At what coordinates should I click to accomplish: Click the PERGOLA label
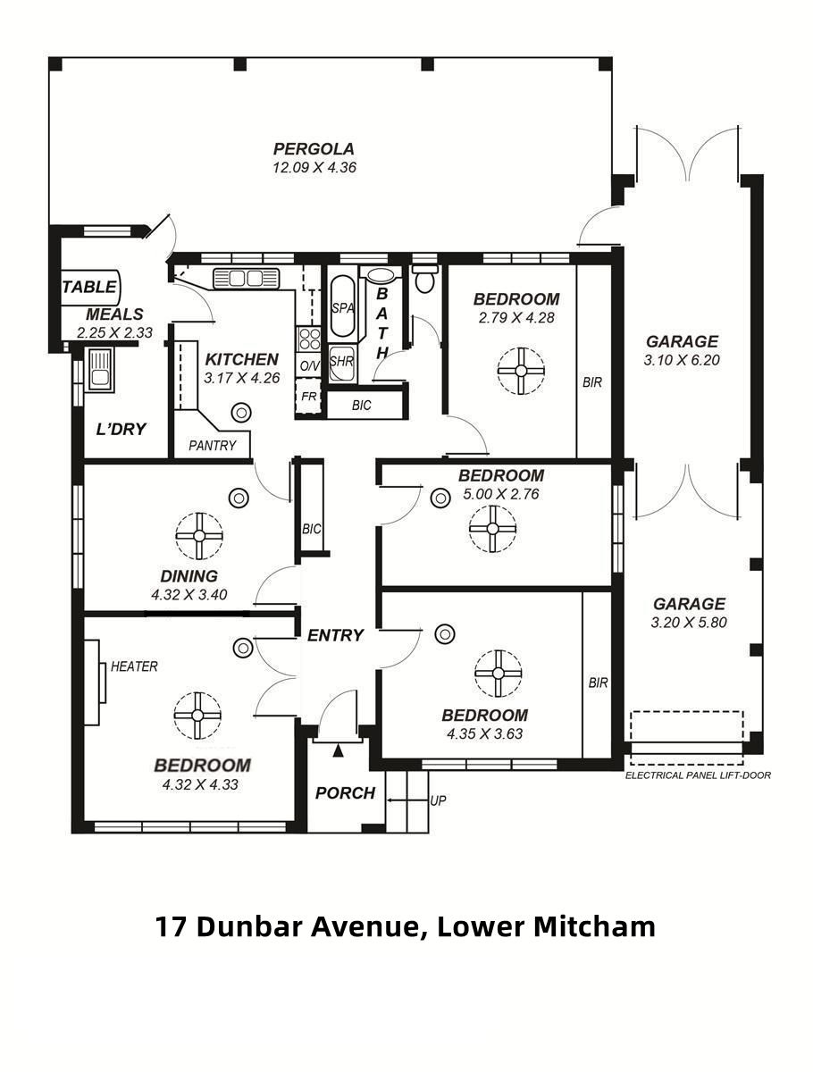coord(314,148)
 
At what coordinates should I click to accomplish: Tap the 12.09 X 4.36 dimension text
coord(314,168)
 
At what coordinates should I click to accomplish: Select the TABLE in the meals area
coord(90,287)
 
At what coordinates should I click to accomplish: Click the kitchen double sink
coord(246,279)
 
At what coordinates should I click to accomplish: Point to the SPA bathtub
coord(342,306)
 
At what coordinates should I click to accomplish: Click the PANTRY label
coord(213,445)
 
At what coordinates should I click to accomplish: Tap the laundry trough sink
coord(99,370)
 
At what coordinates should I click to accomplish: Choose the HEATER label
coord(134,666)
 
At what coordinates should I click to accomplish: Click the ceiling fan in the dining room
coord(199,536)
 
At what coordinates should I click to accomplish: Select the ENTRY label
coord(335,635)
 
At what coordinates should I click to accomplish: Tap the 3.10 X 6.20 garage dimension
coord(682,360)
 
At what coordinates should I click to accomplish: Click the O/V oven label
coord(310,365)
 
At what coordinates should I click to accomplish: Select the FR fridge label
coord(308,396)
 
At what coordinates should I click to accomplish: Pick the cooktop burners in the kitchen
coord(309,339)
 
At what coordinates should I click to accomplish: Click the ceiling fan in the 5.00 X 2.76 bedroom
coord(492,529)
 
